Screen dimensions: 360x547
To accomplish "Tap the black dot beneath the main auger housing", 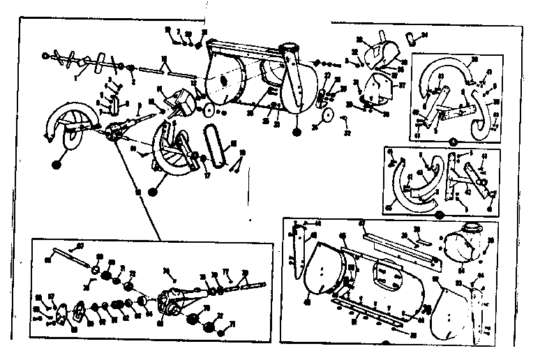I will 297,130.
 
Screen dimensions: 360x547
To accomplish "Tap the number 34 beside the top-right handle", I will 425,33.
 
